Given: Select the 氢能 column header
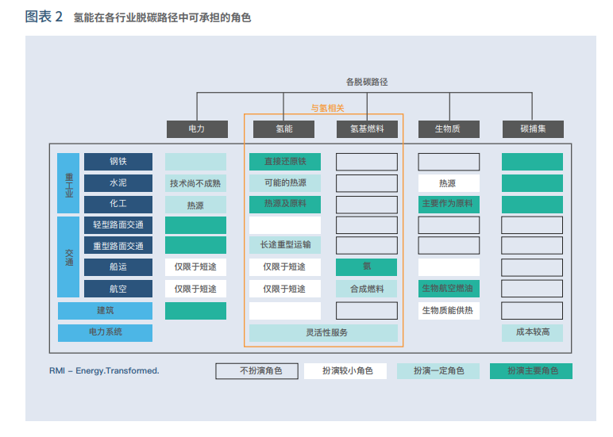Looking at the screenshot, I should click(x=284, y=128).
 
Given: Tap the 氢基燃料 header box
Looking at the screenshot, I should click(x=366, y=128).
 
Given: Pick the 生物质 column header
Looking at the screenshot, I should click(x=448, y=128).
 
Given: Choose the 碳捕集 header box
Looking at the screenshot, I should click(x=532, y=128).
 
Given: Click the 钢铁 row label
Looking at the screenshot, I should click(x=118, y=162).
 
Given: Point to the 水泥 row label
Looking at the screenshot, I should click(x=118, y=183).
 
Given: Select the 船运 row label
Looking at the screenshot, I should click(x=118, y=267).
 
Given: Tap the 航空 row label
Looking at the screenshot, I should click(x=118, y=289).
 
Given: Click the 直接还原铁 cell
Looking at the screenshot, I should click(x=284, y=162).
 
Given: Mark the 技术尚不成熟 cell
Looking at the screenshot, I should click(x=195, y=183).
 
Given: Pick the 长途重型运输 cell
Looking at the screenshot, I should click(x=284, y=246).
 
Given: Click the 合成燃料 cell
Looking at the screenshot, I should click(x=366, y=289).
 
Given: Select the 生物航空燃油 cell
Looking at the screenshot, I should click(x=449, y=289).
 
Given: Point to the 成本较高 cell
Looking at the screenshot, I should click(x=532, y=332).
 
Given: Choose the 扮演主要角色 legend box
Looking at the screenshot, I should click(x=531, y=370).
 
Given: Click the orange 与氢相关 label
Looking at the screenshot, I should click(x=327, y=109).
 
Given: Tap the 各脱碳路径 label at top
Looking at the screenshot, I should click(x=366, y=82).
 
